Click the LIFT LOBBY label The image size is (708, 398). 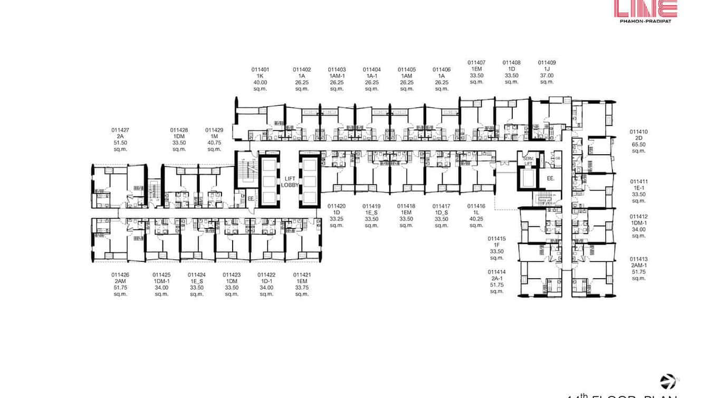pyautogui.click(x=290, y=182)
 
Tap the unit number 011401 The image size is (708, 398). pyautogui.click(x=260, y=69)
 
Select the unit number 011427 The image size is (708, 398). pyautogui.click(x=120, y=130)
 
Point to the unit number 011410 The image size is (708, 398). pyautogui.click(x=638, y=132)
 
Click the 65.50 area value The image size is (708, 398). pyautogui.click(x=638, y=145)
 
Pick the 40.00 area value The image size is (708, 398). pyautogui.click(x=260, y=82)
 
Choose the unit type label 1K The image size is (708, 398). pyautogui.click(x=260, y=76)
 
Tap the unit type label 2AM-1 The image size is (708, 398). pyautogui.click(x=638, y=266)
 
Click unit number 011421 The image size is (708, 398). pyautogui.click(x=302, y=274)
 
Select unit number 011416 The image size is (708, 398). pyautogui.click(x=476, y=206)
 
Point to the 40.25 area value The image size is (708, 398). pyautogui.click(x=476, y=219)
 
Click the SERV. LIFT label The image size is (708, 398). pyautogui.click(x=528, y=162)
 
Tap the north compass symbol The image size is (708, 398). pyautogui.click(x=668, y=382)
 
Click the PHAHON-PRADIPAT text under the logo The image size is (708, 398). pyautogui.click(x=645, y=22)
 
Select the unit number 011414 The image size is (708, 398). pyautogui.click(x=496, y=272)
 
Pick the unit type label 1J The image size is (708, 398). pyautogui.click(x=547, y=69)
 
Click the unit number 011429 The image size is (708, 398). pyautogui.click(x=214, y=130)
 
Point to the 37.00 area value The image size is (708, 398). pyautogui.click(x=547, y=75)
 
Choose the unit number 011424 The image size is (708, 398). pyautogui.click(x=197, y=274)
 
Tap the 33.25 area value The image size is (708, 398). pyautogui.click(x=337, y=219)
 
